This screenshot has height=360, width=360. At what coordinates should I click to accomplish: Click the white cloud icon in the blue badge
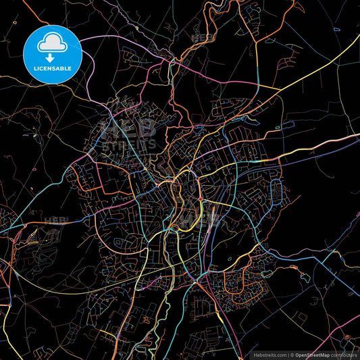tap(52, 44)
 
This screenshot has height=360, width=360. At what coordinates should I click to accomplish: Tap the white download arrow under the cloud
tap(52, 58)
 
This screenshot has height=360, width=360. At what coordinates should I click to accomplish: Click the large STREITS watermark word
tap(128, 143)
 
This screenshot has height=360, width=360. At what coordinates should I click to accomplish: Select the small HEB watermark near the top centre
tap(203, 38)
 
